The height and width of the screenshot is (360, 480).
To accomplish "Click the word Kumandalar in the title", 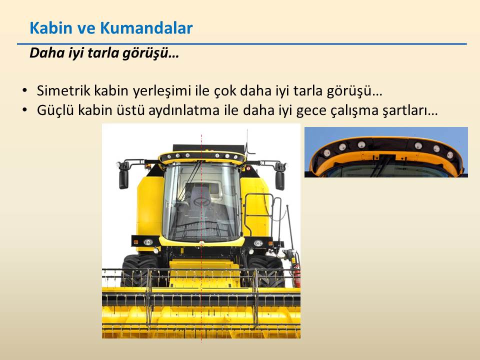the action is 146,28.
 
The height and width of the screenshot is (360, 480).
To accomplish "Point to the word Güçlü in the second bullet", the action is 55,110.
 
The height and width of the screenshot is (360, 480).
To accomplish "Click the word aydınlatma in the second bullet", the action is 184,110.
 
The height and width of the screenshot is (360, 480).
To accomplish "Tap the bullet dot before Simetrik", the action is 25,90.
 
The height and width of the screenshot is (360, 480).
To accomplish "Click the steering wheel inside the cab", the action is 201,201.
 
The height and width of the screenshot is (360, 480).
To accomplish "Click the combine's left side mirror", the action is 123,179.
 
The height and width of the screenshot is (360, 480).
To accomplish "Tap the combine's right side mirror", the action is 280,180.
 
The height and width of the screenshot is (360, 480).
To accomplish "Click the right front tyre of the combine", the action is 264,271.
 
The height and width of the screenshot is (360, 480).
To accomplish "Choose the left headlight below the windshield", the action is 148,242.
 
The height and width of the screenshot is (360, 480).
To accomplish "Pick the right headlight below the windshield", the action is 258,243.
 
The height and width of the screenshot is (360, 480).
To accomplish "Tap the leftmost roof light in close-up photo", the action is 327,152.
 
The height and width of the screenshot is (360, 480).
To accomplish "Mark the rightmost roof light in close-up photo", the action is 450,155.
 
